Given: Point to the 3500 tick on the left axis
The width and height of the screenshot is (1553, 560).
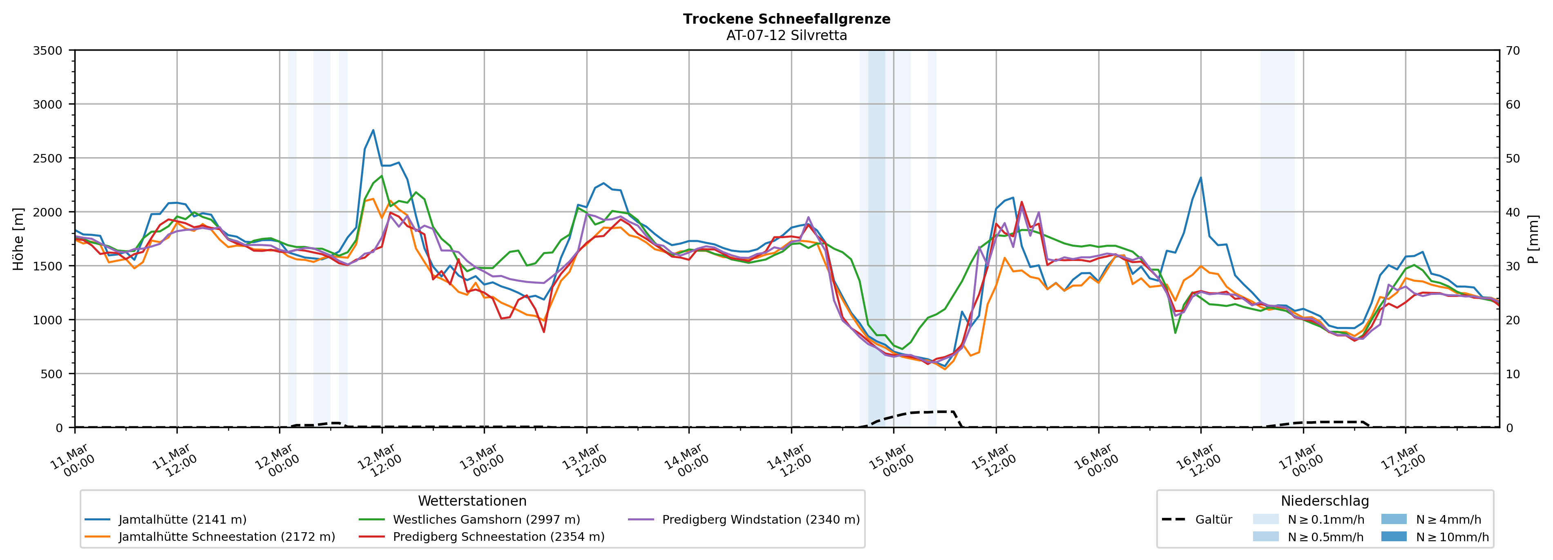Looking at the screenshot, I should click(48, 51).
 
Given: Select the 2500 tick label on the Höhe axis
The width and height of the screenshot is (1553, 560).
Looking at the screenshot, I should click(48, 158).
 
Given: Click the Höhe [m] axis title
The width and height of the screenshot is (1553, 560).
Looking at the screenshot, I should click(19, 239).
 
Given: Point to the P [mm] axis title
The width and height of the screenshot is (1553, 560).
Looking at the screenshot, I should click(1533, 239).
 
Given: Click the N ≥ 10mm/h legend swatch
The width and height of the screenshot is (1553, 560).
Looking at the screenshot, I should click(1393, 536).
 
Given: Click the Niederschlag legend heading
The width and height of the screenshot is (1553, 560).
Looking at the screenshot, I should click(1325, 501).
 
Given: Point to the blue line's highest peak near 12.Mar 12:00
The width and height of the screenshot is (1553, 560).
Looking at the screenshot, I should click(373, 130).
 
